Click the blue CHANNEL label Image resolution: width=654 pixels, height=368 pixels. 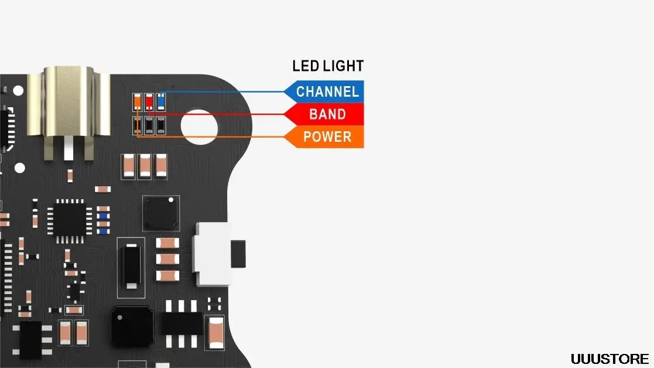327,91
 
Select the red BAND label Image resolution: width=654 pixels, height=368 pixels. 327,114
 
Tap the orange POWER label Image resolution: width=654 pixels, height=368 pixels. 327,137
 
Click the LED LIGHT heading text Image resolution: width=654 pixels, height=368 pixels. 328,66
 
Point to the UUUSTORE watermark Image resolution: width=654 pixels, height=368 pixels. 610,359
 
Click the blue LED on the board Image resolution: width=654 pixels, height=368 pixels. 161,101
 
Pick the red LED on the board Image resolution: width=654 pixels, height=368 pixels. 149,101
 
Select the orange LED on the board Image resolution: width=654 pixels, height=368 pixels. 137,101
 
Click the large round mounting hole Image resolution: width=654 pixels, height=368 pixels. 200,127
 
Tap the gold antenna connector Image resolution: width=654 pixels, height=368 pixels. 69,101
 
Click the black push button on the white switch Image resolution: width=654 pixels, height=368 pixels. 238,254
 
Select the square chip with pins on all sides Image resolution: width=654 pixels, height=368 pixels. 70,221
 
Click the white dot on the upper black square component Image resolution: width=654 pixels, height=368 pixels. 170,200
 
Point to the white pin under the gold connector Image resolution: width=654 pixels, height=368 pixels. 69,149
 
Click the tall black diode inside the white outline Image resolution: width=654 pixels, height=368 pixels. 131,266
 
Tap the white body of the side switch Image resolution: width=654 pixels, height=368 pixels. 212,254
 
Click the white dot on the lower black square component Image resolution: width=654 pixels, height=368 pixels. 120,318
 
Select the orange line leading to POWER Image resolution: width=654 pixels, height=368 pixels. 211,137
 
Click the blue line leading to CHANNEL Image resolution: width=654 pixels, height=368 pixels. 222,92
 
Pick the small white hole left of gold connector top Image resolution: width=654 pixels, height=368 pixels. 18,91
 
